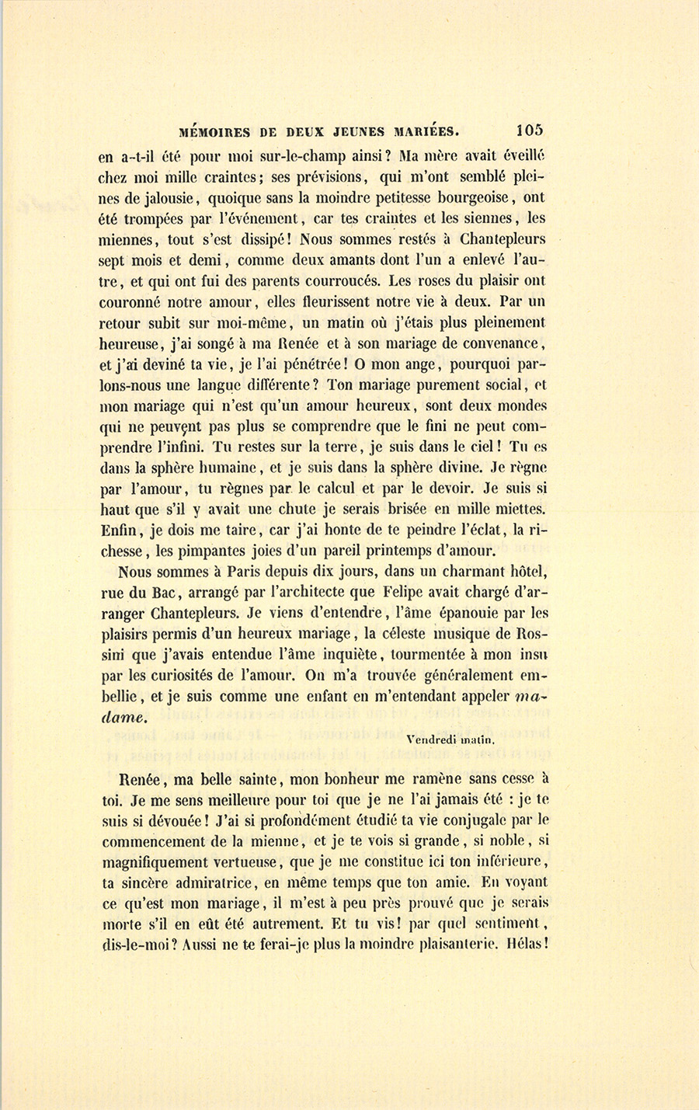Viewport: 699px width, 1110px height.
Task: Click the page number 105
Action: click(x=528, y=130)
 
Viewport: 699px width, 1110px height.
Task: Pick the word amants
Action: click(x=375, y=261)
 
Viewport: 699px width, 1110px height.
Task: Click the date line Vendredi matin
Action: click(x=450, y=740)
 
